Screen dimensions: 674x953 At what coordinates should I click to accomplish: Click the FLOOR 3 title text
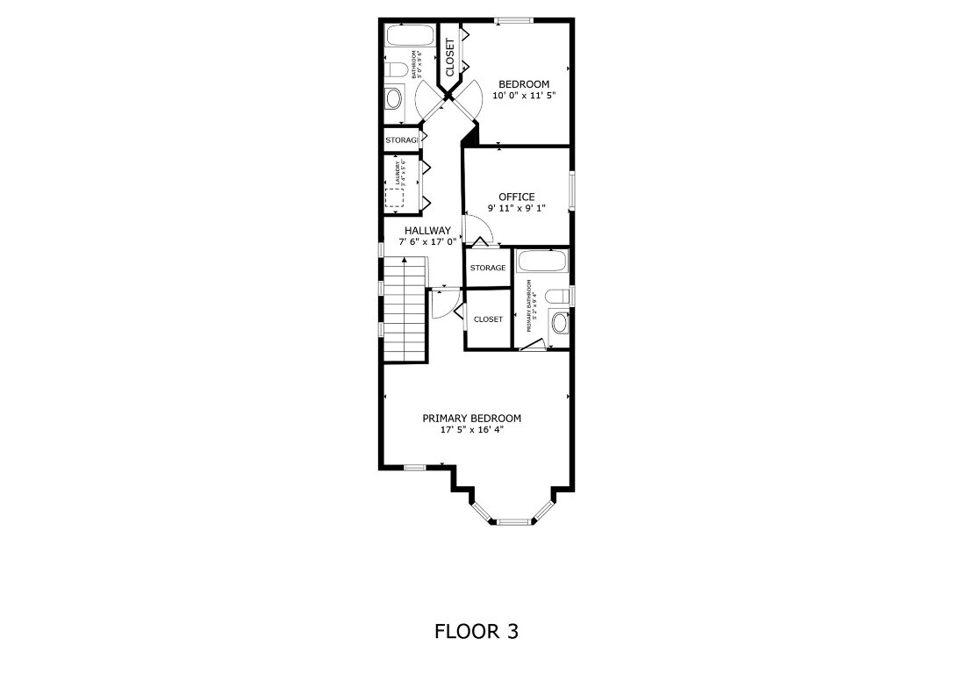pos(476,631)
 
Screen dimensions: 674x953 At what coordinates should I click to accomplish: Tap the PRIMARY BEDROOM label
pos(471,419)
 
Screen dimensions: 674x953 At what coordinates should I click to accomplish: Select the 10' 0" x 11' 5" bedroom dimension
pos(524,96)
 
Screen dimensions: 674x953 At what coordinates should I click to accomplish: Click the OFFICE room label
pos(516,197)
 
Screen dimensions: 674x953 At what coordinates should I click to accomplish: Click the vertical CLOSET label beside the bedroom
pos(449,57)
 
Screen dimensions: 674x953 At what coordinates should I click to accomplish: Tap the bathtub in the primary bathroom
pos(542,261)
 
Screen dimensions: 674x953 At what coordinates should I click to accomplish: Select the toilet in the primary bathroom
pos(556,296)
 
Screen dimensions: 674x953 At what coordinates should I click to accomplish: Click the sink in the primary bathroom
pos(558,323)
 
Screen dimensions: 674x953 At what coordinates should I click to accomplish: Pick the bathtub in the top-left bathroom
pos(410,36)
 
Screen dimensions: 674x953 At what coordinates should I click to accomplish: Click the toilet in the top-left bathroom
pos(395,69)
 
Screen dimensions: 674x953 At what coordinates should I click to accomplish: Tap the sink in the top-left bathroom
pos(393,97)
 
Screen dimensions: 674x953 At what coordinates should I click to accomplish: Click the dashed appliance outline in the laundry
pos(395,197)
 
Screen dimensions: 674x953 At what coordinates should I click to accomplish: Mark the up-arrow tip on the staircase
pos(405,261)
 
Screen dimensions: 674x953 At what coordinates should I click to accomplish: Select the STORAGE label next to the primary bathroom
pos(487,268)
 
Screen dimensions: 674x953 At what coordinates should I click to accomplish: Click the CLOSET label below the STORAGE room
pos(488,319)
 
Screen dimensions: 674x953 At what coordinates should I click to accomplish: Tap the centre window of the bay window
pos(514,522)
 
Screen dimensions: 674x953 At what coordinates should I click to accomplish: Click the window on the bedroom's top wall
pos(512,20)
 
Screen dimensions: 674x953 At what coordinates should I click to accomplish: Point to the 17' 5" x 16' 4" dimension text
pos(471,430)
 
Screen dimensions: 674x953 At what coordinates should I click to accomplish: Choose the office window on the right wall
pos(570,190)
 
